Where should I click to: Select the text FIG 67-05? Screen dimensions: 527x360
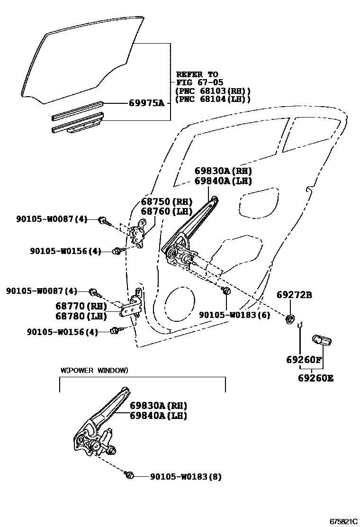197,82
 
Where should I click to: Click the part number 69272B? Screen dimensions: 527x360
294,295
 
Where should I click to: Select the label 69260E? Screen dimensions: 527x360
315,378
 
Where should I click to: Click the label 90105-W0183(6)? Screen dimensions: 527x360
234,314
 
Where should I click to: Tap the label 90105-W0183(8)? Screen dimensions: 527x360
186,476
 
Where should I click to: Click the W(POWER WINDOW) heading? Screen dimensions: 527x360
94,370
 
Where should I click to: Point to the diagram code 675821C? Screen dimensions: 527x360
343,521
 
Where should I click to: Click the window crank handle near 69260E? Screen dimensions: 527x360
322,341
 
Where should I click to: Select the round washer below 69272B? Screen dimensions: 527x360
289,318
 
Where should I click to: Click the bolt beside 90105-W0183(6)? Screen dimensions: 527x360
226,290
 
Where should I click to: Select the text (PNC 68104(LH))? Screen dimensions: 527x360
213,99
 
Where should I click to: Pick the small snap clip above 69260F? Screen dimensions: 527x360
299,325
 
